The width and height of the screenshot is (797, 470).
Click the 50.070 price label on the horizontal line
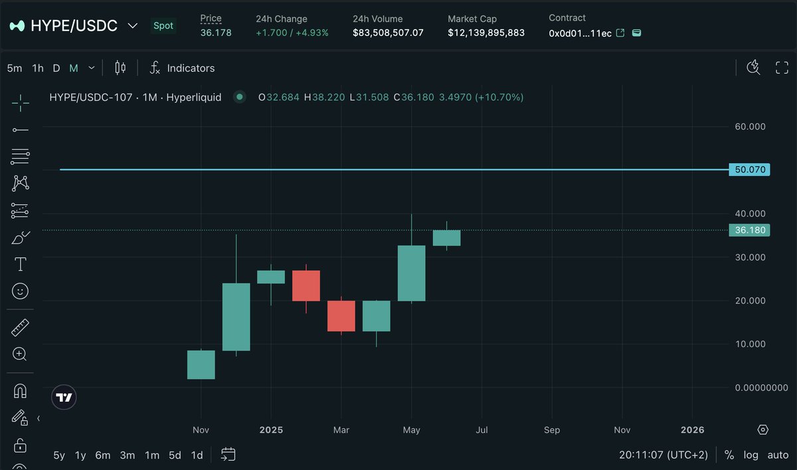point(749,169)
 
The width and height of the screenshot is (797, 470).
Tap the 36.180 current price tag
point(749,230)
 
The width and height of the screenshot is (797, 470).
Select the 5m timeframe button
point(15,68)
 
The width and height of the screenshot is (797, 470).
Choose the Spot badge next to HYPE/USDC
point(163,26)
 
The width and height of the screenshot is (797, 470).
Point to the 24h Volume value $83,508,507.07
point(388,33)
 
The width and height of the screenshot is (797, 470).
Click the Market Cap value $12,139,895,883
point(486,33)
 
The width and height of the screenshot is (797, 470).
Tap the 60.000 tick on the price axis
point(750,126)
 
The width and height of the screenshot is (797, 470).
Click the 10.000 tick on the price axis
point(750,344)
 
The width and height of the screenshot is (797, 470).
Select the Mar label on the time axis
point(341,430)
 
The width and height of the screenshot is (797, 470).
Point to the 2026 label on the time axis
point(693,430)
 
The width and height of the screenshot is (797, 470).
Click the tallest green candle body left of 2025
point(236,317)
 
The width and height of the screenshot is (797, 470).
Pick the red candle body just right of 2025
point(306,285)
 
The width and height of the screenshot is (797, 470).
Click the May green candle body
point(412,273)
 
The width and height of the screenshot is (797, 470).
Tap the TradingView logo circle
point(64,397)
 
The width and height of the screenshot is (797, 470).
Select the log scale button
point(751,455)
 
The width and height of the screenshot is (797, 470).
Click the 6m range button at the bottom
point(103,455)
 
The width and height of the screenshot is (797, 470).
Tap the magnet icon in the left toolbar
point(20,391)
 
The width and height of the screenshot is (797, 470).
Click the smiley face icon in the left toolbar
point(20,291)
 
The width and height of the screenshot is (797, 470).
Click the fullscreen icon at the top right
point(782,67)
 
